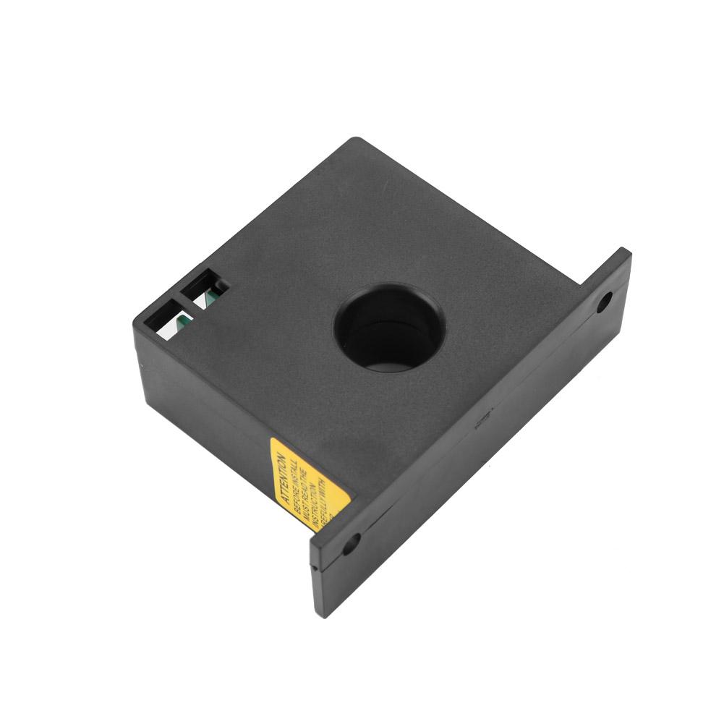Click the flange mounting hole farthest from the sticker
click(602, 302)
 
